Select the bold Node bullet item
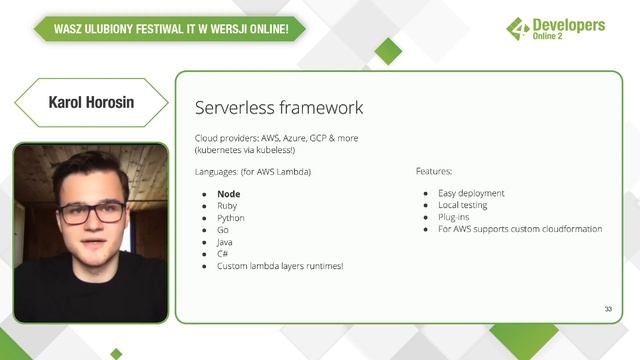[x=230, y=194]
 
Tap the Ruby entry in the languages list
[x=227, y=206]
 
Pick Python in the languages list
[x=230, y=218]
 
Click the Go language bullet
[x=222, y=230]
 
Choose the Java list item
[x=226, y=242]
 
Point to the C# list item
[x=222, y=254]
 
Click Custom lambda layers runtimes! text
[x=279, y=266]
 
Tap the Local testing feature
[x=467, y=205]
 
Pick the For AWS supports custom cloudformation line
[x=519, y=229]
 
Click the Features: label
[x=434, y=172]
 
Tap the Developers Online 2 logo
[x=556, y=31]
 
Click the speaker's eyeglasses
[x=92, y=211]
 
